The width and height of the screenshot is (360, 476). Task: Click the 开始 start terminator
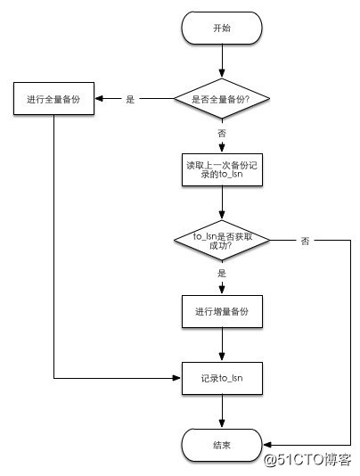click(221, 29)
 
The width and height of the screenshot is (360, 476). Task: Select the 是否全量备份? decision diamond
click(221, 99)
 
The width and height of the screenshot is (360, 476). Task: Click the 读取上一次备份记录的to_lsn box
click(221, 168)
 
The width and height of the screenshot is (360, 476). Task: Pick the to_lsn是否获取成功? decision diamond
click(221, 241)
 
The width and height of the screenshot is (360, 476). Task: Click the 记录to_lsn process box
click(221, 378)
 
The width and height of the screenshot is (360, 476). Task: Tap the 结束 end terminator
click(221, 444)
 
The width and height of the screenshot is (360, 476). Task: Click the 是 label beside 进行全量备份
click(130, 100)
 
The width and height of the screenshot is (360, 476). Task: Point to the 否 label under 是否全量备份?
click(221, 132)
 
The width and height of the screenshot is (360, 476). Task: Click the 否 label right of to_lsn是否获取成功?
click(305, 241)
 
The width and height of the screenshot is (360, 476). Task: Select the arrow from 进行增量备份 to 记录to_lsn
click(221, 346)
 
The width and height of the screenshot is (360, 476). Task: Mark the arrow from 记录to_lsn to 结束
click(221, 412)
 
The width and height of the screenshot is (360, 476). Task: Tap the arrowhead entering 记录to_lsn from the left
click(176, 378)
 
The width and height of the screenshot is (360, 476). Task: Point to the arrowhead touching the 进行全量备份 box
click(97, 99)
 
